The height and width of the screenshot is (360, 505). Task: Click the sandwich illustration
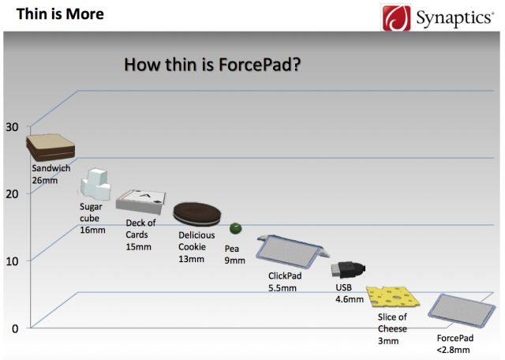(50, 148)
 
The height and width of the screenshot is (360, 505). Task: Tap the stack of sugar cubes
(95, 184)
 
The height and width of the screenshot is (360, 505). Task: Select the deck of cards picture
(141, 201)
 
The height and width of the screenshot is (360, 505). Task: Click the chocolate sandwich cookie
(197, 214)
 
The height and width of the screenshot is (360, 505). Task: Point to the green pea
(236, 228)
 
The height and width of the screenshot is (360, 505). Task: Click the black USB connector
(348, 270)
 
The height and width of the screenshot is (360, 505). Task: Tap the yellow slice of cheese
(393, 297)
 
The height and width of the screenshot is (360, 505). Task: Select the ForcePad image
(462, 310)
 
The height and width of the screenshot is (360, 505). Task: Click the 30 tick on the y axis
(12, 127)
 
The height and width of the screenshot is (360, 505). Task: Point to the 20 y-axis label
(12, 194)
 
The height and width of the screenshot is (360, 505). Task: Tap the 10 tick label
(12, 261)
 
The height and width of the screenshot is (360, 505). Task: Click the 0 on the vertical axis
(15, 328)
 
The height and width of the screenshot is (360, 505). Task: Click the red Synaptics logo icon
(396, 17)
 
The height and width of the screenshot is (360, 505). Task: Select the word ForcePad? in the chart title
(260, 65)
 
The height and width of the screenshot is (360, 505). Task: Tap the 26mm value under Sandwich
(45, 181)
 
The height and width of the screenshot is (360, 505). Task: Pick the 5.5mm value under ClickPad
(282, 288)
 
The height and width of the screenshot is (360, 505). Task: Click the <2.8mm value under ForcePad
(453, 350)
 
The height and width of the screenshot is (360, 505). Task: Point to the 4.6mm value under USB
(350, 299)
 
